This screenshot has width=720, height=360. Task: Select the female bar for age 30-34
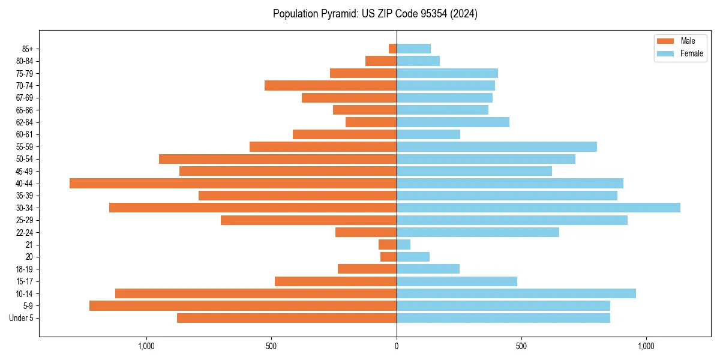(538, 208)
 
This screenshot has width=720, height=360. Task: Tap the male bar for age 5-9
(243, 305)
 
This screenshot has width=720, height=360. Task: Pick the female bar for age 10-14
(516, 293)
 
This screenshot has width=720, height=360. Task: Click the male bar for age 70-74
(331, 85)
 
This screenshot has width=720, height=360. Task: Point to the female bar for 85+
(413, 49)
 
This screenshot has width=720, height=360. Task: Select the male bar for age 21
(388, 244)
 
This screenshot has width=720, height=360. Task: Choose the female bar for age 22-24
(478, 232)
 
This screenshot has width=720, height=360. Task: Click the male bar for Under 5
(287, 318)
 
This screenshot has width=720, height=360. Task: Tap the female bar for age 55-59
(497, 146)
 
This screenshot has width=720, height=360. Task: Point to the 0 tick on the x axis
(397, 346)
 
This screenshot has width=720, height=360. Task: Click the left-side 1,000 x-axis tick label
(146, 346)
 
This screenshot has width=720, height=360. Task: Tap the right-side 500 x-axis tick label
(521, 346)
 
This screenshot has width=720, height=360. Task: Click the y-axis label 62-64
(24, 122)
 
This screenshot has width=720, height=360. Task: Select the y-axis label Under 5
(22, 318)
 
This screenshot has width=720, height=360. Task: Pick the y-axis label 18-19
(24, 269)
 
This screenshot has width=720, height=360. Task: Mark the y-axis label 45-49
(24, 171)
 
